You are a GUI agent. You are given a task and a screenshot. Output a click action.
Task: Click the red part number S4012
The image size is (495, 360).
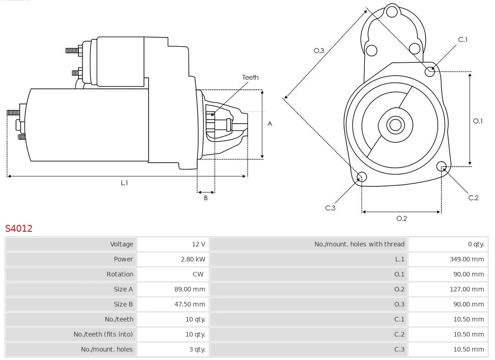(19, 228)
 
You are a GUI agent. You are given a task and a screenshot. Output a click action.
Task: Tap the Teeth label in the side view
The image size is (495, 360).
(250, 77)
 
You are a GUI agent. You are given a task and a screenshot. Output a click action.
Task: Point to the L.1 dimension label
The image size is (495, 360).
(124, 183)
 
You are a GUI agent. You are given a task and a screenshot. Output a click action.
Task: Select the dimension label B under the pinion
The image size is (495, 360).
(206, 198)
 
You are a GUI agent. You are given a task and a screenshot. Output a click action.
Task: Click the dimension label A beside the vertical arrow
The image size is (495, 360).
(269, 124)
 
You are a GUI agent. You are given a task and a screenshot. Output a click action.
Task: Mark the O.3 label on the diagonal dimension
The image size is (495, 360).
(319, 50)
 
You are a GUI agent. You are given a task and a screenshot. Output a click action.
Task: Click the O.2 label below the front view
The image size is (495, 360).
(401, 218)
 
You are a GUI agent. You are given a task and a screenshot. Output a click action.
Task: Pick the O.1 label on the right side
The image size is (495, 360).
(478, 121)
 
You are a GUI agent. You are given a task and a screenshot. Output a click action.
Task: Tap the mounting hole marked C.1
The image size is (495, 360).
(429, 71)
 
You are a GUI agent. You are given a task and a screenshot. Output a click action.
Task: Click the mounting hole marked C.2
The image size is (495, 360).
(441, 166)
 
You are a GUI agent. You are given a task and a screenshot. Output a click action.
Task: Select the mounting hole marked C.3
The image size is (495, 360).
(362, 177)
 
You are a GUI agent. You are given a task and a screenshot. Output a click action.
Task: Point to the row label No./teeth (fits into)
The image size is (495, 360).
(103, 334)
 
